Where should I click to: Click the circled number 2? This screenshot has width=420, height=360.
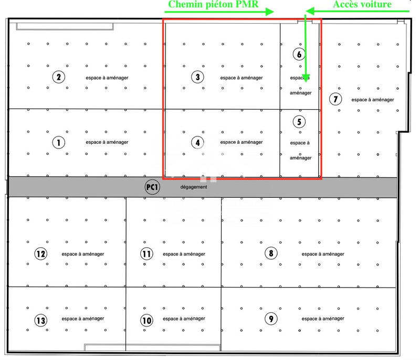tap(58, 78)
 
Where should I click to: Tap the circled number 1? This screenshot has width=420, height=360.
tap(58, 142)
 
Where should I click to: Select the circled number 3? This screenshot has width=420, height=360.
tap(197, 78)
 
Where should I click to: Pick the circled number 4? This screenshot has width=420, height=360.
tap(197, 142)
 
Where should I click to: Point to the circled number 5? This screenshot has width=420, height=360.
tap(298, 122)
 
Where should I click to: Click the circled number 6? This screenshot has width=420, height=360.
tap(298, 54)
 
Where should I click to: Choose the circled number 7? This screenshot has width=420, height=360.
tap(334, 99)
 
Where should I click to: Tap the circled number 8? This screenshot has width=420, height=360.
tap(270, 254)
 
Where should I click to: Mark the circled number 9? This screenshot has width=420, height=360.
tap(270, 319)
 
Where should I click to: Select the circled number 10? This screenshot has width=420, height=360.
tap(146, 320)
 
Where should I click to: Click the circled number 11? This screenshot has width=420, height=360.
tap(146, 254)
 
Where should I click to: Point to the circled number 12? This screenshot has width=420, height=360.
tap(40, 254)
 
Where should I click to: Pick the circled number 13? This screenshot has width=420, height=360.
tap(40, 320)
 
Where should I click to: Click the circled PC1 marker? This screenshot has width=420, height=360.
tap(152, 187)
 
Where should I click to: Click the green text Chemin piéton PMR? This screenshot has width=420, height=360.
tap(213, 5)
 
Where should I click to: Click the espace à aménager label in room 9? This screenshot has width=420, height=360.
tap(323, 319)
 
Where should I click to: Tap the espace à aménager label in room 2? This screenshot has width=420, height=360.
tap(107, 78)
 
